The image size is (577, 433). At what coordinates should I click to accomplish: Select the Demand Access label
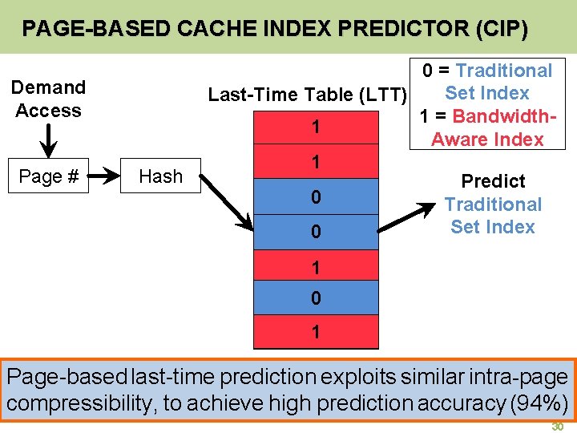coord(48,99)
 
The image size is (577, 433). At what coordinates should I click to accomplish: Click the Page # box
coord(48,176)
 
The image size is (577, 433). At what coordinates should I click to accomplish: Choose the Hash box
coord(160,176)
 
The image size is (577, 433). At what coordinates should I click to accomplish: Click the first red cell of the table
coord(316,127)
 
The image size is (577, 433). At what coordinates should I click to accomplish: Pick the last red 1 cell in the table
coord(316,332)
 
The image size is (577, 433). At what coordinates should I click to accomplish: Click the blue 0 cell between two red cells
coord(316,297)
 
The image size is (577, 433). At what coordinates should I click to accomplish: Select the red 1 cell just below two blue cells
coord(316,265)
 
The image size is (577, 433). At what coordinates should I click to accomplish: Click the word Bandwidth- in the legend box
coord(504,115)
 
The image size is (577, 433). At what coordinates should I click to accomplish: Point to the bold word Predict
coord(493,181)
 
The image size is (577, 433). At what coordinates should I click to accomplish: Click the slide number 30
coord(557,427)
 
